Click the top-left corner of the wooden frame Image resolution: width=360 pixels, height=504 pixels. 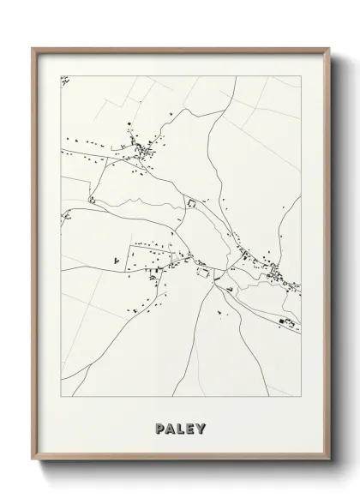tap(33, 48)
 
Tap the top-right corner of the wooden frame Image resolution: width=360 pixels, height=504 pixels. tap(329, 48)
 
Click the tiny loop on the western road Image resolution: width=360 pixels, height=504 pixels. tap(90, 200)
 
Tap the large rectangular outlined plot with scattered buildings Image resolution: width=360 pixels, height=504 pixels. tap(150, 254)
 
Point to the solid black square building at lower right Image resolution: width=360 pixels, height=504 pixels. tap(279, 319)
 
